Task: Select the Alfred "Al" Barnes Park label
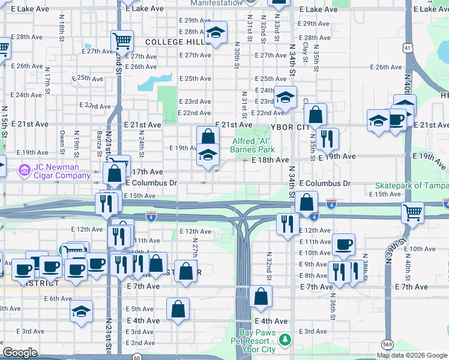(x=253, y=145)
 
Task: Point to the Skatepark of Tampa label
(x=412, y=185)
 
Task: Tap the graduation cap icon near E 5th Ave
(x=81, y=311)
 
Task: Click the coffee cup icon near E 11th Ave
(x=343, y=244)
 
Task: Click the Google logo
(x=20, y=353)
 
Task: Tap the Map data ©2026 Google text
(x=411, y=355)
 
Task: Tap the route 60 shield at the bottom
(x=137, y=357)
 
